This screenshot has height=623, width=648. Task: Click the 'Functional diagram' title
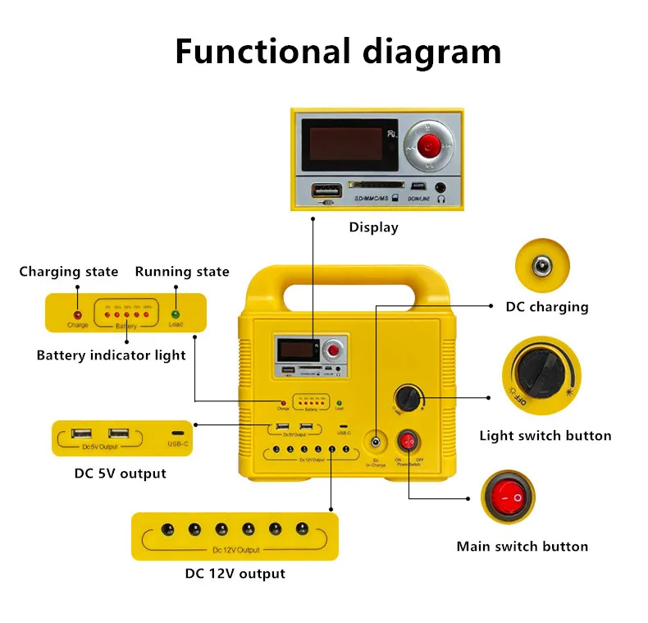(337, 51)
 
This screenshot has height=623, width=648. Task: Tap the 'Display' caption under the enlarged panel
(373, 227)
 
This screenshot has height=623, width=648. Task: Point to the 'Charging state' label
(69, 272)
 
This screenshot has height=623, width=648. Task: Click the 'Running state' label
(182, 272)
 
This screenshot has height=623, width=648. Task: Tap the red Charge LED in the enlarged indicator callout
(78, 314)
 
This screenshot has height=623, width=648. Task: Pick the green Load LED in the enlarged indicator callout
(175, 314)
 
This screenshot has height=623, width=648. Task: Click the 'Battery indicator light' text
(111, 355)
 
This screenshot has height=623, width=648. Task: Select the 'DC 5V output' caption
(120, 474)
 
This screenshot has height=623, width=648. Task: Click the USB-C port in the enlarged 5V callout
(178, 433)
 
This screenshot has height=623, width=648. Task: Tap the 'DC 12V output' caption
(235, 574)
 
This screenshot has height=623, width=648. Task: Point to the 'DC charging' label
(547, 307)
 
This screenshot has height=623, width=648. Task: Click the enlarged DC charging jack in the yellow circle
(541, 265)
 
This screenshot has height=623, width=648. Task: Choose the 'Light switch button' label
(545, 436)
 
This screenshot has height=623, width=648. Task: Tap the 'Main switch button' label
(522, 547)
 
